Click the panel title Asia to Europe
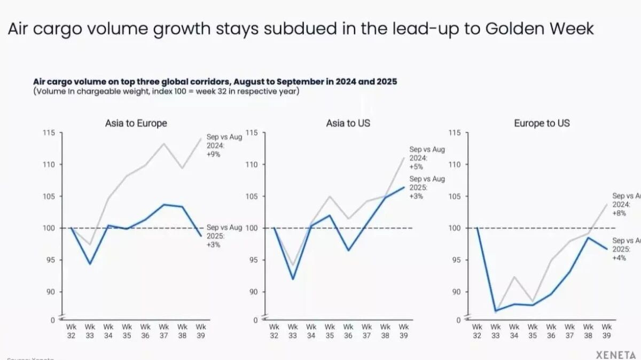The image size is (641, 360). click(136, 123)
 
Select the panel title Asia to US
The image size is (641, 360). click(348, 123)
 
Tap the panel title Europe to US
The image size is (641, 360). click(542, 123)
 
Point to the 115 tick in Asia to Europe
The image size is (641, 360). click(49, 132)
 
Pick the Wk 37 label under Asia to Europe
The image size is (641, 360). click(164, 331)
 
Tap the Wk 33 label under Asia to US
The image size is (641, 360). click(293, 331)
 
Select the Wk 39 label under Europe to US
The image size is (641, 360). click(607, 331)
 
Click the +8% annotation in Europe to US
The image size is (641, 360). click(620, 213)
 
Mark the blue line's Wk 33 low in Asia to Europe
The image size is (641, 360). click(90, 264)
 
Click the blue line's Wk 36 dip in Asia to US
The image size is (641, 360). click(348, 250)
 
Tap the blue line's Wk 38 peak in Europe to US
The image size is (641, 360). click(588, 238)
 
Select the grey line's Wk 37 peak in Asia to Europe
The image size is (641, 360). click(164, 143)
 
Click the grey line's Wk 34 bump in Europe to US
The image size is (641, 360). click(514, 277)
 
